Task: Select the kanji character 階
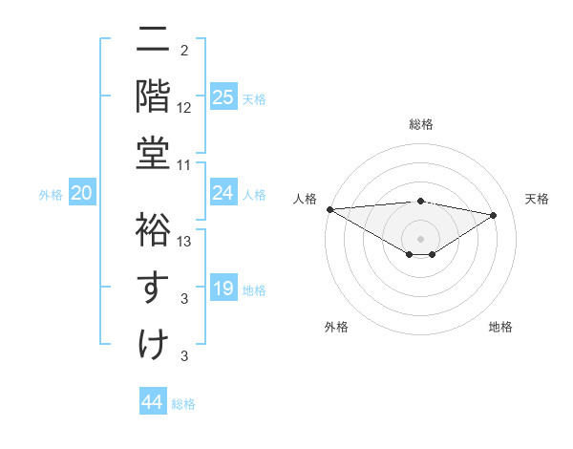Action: pos(153,96)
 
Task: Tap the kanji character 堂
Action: pos(153,152)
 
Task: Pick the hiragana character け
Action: pos(153,343)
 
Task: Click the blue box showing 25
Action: pos(223,96)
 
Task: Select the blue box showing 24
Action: pos(223,193)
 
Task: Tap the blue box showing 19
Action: pos(223,289)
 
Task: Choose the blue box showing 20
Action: pos(82,193)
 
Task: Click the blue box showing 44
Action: pos(153,402)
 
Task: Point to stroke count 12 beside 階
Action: pos(184,107)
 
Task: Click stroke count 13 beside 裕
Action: pos(184,242)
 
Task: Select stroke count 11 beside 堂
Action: pos(184,164)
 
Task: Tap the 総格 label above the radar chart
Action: pos(420,124)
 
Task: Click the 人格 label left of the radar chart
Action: pos(306,199)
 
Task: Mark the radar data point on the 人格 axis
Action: pos(329,209)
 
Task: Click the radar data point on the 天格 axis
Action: pos(494,215)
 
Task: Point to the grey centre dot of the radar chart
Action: pos(420,238)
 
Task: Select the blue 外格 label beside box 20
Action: pos(51,194)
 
